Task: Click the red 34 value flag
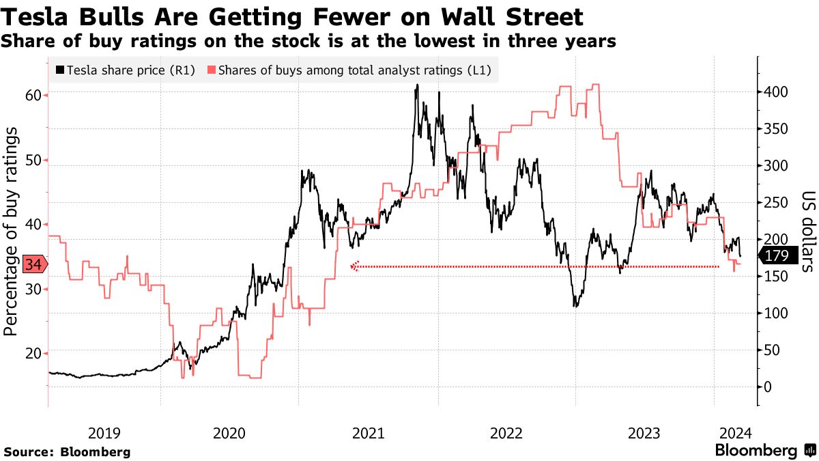click(x=33, y=264)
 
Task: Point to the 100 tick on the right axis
click(x=776, y=313)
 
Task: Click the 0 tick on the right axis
click(x=767, y=387)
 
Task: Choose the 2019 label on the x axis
click(x=104, y=433)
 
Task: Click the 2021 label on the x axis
click(x=369, y=433)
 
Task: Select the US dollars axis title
click(x=807, y=232)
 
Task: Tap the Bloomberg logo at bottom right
click(x=764, y=451)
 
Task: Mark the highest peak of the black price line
click(x=417, y=85)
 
